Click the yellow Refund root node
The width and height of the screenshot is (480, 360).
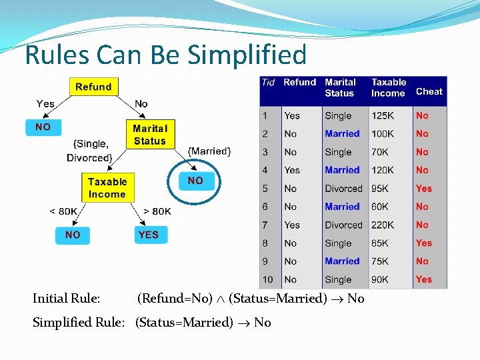click(93, 87)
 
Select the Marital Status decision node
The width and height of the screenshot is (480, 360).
click(149, 135)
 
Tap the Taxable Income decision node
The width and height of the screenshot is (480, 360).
click(107, 188)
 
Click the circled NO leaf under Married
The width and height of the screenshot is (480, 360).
click(195, 181)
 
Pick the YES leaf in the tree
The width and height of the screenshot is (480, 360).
click(148, 235)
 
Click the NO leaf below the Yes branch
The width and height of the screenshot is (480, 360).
click(43, 127)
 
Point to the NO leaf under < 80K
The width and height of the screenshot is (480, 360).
click(73, 235)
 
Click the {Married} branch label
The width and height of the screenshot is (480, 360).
click(209, 151)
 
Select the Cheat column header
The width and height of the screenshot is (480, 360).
click(429, 92)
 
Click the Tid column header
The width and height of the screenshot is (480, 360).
click(268, 83)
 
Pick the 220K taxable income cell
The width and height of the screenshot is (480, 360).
click(383, 225)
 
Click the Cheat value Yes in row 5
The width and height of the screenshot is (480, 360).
click(423, 189)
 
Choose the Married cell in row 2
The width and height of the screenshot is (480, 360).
click(342, 134)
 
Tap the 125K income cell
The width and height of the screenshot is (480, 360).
click(383, 116)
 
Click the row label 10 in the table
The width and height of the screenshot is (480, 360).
click(267, 280)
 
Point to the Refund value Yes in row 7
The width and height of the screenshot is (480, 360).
click(292, 225)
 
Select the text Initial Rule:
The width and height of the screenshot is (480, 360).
click(67, 299)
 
